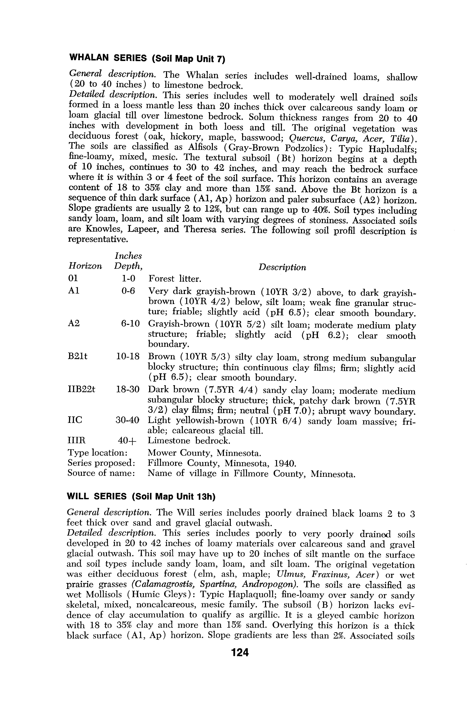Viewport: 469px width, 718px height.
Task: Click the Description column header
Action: point(282,267)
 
